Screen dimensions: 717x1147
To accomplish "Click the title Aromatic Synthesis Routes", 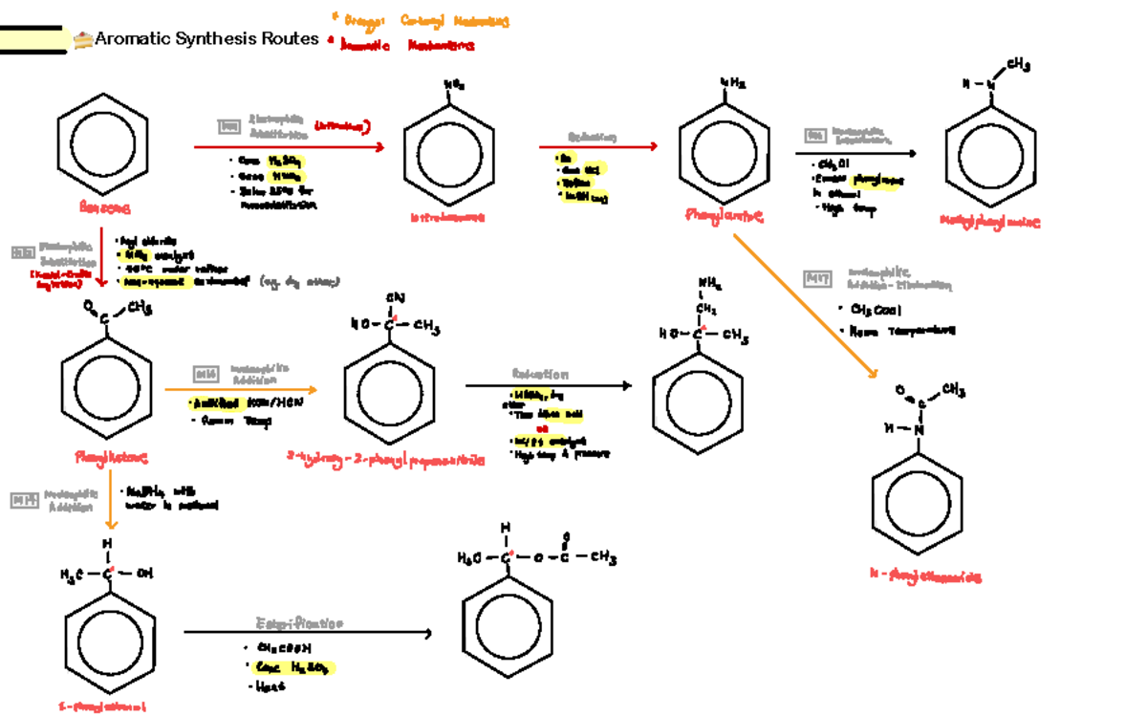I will [x=207, y=39].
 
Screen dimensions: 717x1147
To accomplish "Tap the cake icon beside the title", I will [x=83, y=39].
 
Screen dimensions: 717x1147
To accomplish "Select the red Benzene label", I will [x=105, y=207].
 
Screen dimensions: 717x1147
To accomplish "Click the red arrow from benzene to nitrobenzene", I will [x=288, y=146].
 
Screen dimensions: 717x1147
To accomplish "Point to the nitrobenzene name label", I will [x=447, y=218].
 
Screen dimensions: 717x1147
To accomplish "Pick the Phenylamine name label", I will [x=725, y=217].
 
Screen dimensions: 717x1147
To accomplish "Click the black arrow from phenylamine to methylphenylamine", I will [x=855, y=153].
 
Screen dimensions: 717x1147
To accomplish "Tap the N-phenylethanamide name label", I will [x=925, y=576].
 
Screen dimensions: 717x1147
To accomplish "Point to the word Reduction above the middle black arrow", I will [x=540, y=374].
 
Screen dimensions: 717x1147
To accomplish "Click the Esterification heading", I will [x=299, y=623].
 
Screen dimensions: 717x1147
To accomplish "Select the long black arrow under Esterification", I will [x=307, y=633].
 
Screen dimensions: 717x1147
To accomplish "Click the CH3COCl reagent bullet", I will [x=869, y=309].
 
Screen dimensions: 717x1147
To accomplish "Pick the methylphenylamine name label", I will [x=988, y=222].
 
